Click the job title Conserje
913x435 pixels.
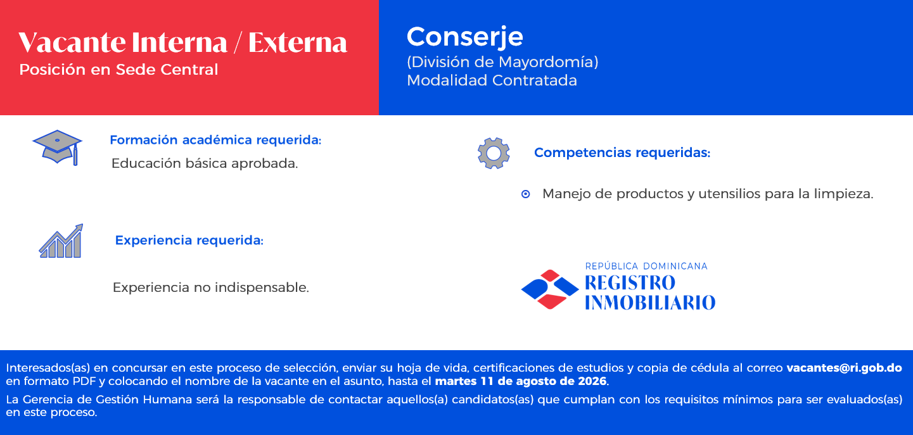464,37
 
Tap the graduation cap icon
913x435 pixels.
58,148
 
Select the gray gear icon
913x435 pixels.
494,153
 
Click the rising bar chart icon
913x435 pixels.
61,241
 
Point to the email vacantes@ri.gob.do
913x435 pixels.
844,368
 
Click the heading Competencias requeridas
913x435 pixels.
622,153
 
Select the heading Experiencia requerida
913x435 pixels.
189,241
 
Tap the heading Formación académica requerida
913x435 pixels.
215,140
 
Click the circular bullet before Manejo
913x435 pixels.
526,194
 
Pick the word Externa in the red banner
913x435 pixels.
298,42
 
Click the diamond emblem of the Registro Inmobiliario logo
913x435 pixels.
550,289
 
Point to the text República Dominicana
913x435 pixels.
646,267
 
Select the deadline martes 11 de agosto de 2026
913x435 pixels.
520,381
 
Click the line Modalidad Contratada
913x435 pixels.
492,80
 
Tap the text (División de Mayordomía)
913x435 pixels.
502,62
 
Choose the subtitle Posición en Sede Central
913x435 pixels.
118,70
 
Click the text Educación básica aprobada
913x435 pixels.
205,163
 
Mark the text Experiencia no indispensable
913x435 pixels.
211,287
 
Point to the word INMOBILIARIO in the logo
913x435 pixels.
650,302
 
